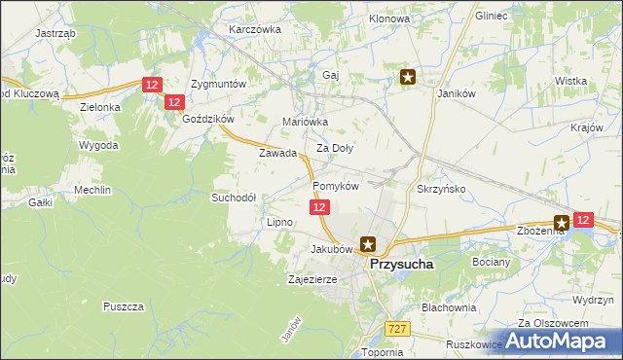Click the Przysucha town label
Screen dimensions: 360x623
401,263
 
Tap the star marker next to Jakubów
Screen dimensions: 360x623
367,245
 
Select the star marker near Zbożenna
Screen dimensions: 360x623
562,223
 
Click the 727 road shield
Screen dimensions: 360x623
395,330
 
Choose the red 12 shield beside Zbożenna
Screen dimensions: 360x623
583,221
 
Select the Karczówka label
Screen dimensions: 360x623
254,29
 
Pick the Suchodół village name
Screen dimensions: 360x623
234,197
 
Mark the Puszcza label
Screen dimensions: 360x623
123,306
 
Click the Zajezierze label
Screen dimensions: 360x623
312,279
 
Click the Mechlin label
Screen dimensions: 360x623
92,190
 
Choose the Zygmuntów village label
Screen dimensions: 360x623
219,85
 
